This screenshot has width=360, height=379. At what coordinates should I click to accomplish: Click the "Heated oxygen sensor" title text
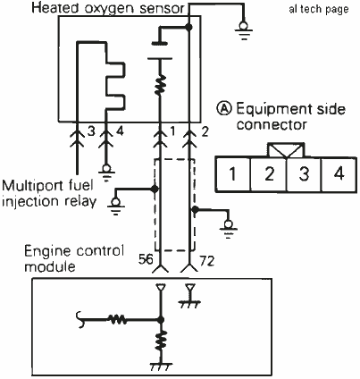108,8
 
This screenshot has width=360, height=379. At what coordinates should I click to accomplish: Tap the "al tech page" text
319,9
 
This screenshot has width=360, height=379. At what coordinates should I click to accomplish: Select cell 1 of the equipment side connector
233,174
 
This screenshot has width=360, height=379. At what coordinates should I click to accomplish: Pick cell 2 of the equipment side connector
269,174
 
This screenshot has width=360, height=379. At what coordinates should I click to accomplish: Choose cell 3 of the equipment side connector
304,174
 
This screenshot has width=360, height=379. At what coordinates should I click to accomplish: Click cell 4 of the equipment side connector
339,174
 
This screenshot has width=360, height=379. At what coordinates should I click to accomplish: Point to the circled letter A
224,108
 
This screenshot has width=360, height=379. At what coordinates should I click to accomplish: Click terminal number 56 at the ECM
146,260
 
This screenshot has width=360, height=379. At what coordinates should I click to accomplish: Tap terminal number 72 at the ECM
207,261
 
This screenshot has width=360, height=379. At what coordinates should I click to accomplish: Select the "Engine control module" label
74,258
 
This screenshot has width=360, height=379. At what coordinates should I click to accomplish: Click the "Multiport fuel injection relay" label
49,194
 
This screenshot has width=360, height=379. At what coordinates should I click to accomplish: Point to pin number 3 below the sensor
91,131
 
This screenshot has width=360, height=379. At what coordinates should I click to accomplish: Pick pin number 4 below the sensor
120,131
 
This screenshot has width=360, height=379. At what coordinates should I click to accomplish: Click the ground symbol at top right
244,30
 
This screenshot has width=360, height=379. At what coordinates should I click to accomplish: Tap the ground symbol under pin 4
106,173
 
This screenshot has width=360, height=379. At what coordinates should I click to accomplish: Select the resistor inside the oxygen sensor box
160,84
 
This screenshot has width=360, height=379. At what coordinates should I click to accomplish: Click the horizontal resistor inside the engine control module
117,320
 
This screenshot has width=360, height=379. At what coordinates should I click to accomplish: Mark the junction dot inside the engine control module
161,320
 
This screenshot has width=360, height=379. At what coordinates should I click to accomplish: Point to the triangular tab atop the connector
286,150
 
